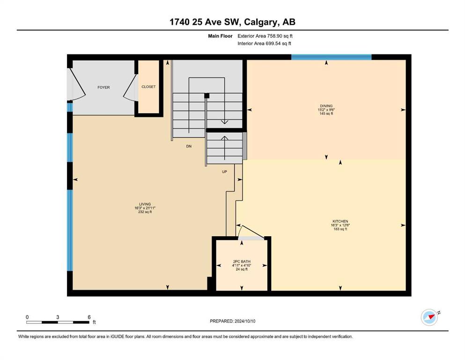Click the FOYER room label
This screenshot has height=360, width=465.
pyautogui.click(x=103, y=87)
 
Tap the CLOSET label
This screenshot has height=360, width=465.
pyautogui.click(x=148, y=87)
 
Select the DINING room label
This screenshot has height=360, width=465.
pyautogui.click(x=326, y=106)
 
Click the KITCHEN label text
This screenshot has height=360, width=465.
pyautogui.click(x=340, y=221)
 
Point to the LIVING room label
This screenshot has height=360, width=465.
pyautogui.click(x=145, y=204)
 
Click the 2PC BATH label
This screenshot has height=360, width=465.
pyautogui.click(x=242, y=262)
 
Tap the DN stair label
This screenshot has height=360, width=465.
pyautogui.click(x=189, y=146)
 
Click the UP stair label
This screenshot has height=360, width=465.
pyautogui.click(x=224, y=172)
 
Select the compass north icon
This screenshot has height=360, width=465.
pyautogui.click(x=429, y=317)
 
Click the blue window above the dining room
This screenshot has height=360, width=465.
pyautogui.click(x=331, y=57)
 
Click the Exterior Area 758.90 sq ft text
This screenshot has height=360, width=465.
pyautogui.click(x=265, y=36)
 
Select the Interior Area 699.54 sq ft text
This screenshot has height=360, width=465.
pyautogui.click(x=264, y=44)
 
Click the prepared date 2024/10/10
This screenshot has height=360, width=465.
pyautogui.click(x=245, y=321)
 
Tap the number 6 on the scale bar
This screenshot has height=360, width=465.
pyautogui.click(x=89, y=317)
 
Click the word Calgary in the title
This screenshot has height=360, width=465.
pyautogui.click(x=261, y=22)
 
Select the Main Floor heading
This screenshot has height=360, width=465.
pyautogui.click(x=220, y=36)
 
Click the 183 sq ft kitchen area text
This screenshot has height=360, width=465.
pyautogui.click(x=340, y=229)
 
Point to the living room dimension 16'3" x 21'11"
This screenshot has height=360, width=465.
pyautogui.click(x=145, y=208)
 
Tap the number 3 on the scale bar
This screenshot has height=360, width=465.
pyautogui.click(x=58, y=317)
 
